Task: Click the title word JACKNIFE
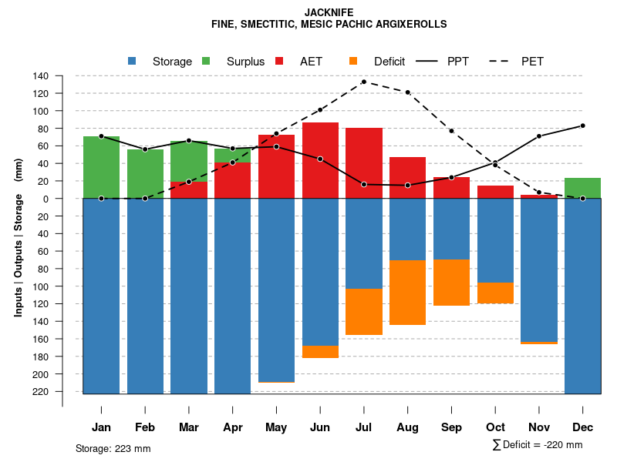[329, 12]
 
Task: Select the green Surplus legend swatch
[206, 62]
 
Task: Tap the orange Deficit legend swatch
[353, 62]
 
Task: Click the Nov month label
[538, 427]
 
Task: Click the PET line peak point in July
[363, 82]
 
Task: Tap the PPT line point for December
[582, 126]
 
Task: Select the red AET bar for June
[320, 160]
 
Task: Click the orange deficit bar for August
[407, 293]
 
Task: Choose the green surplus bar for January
[101, 167]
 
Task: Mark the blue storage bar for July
[363, 243]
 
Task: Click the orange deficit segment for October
[495, 293]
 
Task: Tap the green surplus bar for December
[582, 188]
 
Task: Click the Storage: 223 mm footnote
[113, 448]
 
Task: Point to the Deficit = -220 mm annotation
[538, 445]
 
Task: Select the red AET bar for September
[451, 188]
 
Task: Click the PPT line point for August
[407, 186]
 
